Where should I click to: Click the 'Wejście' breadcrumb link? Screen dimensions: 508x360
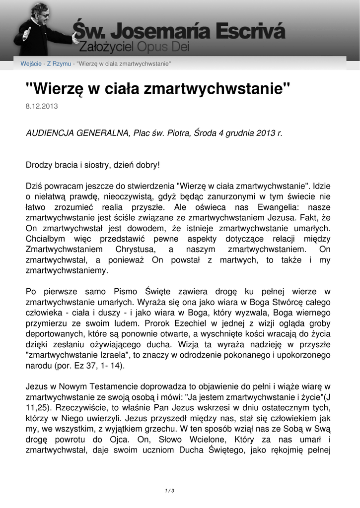tap(30, 64)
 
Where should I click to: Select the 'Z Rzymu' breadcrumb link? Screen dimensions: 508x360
tap(59, 64)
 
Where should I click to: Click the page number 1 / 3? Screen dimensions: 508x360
tap(169, 491)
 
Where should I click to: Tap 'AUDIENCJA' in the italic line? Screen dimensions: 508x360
tap(52, 133)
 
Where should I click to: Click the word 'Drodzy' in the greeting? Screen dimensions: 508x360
tap(38, 165)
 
